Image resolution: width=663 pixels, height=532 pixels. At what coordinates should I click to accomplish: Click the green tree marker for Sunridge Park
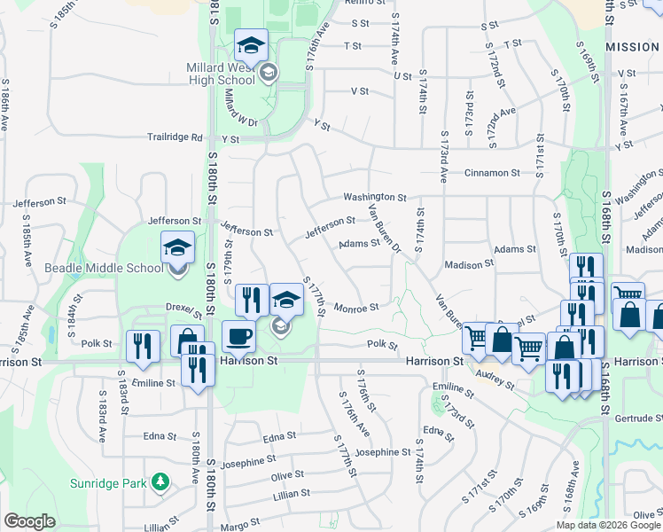point(160,482)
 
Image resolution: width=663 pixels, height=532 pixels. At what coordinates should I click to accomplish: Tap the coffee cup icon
point(238,337)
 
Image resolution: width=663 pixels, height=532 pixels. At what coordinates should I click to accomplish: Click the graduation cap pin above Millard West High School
point(251,45)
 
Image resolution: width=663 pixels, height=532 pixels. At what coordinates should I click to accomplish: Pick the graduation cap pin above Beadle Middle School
point(177,247)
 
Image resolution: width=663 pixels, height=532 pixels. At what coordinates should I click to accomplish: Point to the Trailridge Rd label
point(175,138)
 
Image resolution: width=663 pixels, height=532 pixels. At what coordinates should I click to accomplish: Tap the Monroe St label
point(357,308)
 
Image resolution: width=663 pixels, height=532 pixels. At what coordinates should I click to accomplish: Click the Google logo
point(29,521)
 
